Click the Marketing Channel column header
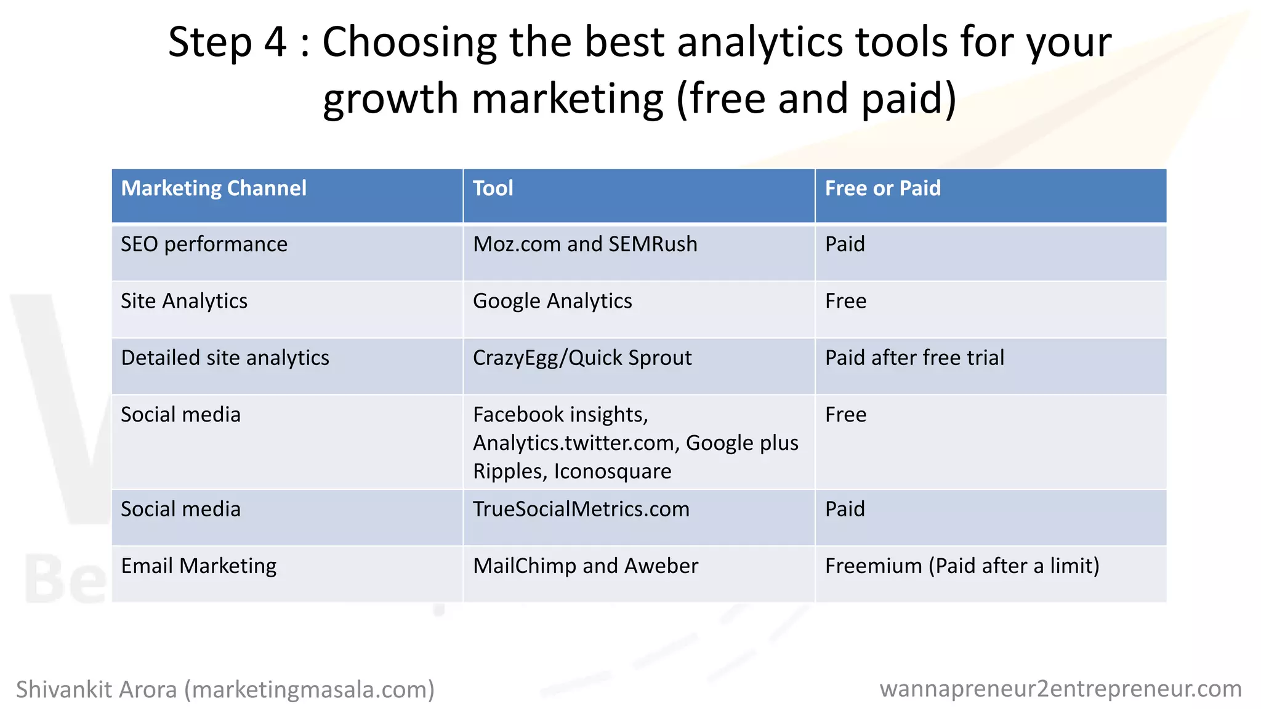[x=214, y=188]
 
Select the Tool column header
[x=493, y=188]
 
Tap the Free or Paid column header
[x=882, y=188]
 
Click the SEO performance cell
[x=204, y=244]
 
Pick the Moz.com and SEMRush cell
[x=585, y=244]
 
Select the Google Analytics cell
[x=552, y=301]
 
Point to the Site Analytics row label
[x=184, y=301]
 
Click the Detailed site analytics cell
[x=225, y=358]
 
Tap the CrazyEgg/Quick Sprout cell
[x=582, y=358]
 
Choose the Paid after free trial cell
[x=914, y=358]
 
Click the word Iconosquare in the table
[x=613, y=471]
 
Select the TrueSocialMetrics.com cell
[x=581, y=509]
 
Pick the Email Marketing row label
[x=198, y=566]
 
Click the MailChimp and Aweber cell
[x=585, y=566]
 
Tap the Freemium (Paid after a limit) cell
[x=962, y=566]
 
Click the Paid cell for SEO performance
[x=845, y=244]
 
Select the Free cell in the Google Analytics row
[x=845, y=301]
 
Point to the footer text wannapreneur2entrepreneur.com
[x=1060, y=689]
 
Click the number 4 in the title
[x=275, y=42]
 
